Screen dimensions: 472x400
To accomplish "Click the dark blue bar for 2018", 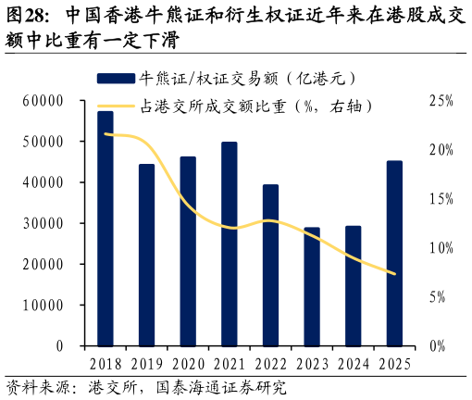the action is tap(106, 229).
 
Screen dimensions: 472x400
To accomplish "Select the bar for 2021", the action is tap(230, 244).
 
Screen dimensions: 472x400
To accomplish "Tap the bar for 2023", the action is tap(312, 287).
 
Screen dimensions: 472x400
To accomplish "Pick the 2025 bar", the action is tap(394, 254).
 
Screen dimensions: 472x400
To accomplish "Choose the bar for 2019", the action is tap(146, 256).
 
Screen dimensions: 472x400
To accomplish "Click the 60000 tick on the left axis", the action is tap(43, 101).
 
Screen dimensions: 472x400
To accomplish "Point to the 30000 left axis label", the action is tap(43, 223).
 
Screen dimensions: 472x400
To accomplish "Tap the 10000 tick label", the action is tap(43, 306).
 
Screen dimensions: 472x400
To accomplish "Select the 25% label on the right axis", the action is tap(441, 101).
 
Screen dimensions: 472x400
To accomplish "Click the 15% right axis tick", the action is tap(441, 199).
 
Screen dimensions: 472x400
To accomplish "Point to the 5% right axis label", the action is tap(438, 297).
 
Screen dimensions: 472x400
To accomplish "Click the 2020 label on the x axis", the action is tap(188, 364).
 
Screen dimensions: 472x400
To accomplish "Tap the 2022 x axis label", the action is tap(271, 364).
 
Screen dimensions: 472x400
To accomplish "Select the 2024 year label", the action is tap(354, 364).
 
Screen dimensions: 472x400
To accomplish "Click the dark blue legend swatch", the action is tap(116, 79).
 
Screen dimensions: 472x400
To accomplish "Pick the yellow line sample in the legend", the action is tap(116, 106).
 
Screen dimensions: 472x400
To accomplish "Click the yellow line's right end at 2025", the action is tap(394, 274).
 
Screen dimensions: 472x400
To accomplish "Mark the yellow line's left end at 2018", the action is tap(106, 134).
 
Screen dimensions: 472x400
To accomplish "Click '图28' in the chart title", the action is tap(27, 16).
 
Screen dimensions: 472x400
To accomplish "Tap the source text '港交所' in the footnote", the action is tap(113, 388).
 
